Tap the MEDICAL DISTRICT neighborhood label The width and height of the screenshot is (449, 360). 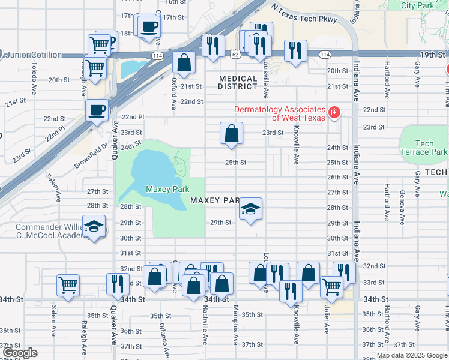238,83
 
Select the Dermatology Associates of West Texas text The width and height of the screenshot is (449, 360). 280,113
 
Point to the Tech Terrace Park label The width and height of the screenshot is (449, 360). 424,148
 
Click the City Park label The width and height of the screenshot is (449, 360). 417,5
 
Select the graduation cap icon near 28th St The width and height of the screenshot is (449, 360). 250,209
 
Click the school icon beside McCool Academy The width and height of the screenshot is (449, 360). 93,227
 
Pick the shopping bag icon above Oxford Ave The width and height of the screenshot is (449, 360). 184,61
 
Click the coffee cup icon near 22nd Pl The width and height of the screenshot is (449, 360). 97,110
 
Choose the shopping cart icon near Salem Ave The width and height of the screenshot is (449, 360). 68,285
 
